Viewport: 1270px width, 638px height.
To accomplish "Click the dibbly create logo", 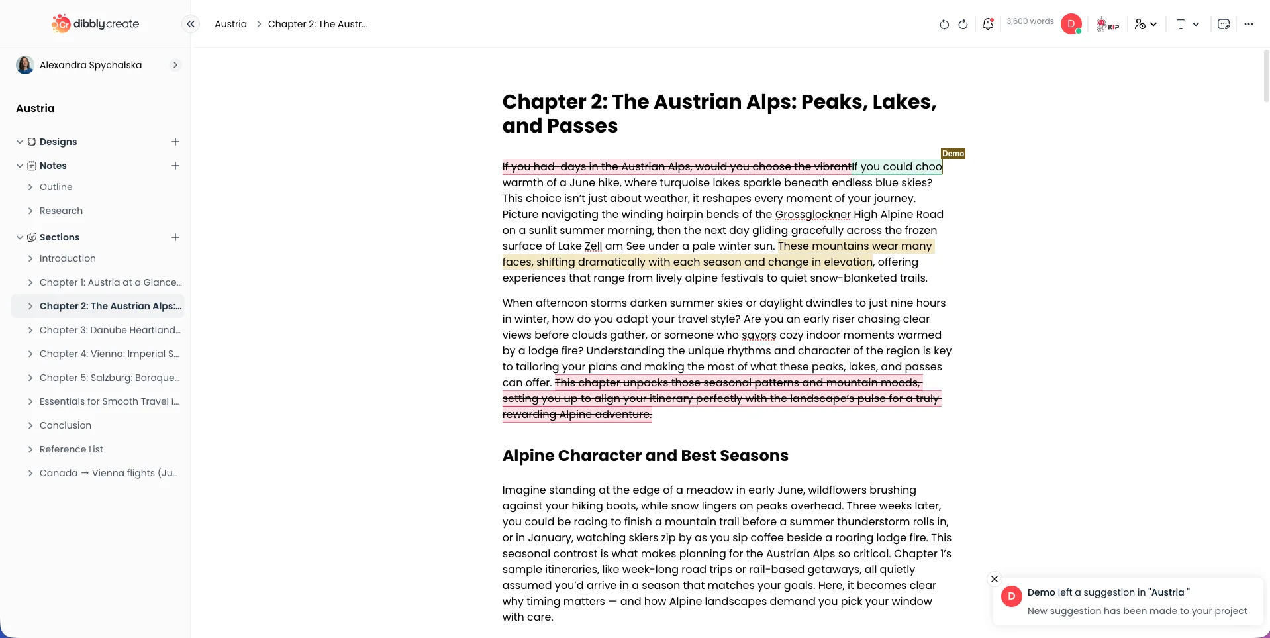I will (95, 24).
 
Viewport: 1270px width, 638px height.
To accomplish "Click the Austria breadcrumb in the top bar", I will (230, 24).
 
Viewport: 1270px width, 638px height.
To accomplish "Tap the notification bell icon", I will (987, 24).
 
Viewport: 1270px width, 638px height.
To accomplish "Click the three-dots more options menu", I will (1248, 24).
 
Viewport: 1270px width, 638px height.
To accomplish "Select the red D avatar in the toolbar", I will (1071, 24).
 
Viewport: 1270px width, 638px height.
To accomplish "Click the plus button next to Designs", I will (175, 142).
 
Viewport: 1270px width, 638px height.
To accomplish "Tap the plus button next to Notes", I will (175, 166).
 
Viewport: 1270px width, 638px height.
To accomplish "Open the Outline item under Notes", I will (56, 187).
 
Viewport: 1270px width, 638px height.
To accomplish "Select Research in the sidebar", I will (61, 211).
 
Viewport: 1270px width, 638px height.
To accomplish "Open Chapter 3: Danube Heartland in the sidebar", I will (110, 330).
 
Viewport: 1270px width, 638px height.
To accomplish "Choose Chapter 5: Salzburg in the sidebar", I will (109, 378).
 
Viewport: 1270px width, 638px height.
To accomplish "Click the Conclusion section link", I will (66, 425).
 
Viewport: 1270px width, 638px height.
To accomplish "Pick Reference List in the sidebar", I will (72, 449).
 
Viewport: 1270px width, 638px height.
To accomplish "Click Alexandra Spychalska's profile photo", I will (25, 65).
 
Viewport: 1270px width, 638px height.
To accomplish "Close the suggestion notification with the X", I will (994, 579).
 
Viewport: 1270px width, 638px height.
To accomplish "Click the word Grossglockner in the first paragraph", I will (812, 215).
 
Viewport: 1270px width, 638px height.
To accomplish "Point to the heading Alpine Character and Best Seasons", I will (645, 456).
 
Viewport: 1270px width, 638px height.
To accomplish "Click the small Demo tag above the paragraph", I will (953, 154).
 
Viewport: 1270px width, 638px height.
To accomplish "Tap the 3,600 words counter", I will (1030, 21).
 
